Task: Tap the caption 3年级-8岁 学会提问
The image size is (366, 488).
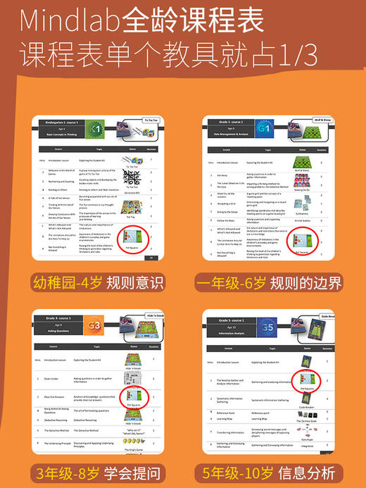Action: [x=98, y=472]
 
